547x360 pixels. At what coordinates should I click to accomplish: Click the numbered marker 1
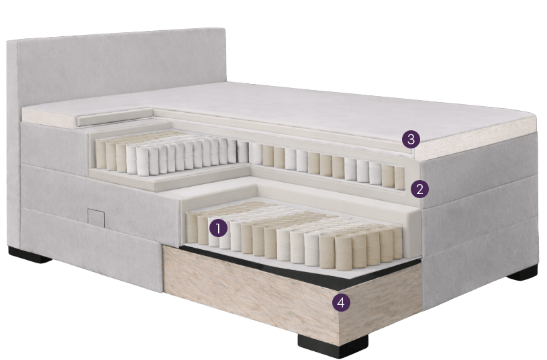(x=218, y=229)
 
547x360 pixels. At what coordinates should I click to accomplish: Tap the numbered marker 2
(x=419, y=189)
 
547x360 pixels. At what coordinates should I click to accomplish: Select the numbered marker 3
(x=411, y=139)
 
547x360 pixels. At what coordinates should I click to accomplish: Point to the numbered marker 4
(x=341, y=302)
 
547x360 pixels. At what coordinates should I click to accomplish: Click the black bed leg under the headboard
(x=30, y=255)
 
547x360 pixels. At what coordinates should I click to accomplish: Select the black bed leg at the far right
(x=522, y=273)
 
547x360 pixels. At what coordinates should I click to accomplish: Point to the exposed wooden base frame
(x=293, y=297)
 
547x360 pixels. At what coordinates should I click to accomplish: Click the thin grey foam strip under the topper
(x=115, y=118)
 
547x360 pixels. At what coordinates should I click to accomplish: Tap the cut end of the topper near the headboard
(x=49, y=117)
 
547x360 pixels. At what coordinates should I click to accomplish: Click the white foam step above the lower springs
(x=216, y=191)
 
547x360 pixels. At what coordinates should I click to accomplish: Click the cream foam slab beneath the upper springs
(x=167, y=177)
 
